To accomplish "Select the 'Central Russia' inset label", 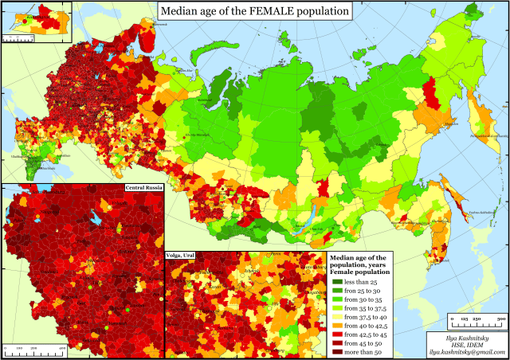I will coord(143,187).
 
